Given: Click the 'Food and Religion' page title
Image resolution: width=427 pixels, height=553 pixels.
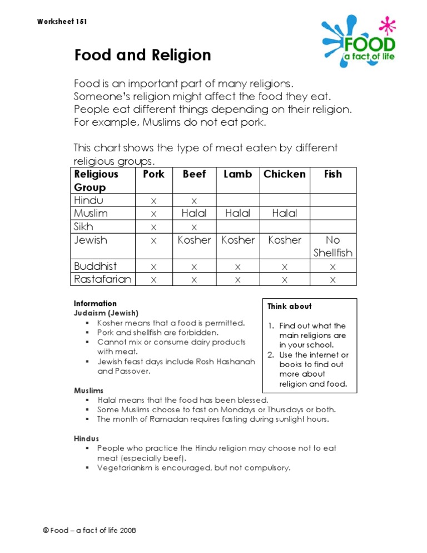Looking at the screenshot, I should tap(143, 56).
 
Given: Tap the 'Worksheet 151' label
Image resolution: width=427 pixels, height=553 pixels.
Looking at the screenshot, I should tap(62, 22).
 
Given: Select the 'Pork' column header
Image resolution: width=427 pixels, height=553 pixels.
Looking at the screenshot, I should tap(154, 174).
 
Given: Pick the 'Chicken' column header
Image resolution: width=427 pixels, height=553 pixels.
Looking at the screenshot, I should tap(284, 174).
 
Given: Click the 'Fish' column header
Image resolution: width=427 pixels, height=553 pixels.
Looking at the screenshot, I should tap(332, 174).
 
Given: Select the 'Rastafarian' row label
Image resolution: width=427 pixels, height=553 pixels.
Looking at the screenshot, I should tap(103, 279).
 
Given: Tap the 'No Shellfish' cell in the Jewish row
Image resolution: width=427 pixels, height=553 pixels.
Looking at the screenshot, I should tap(332, 246).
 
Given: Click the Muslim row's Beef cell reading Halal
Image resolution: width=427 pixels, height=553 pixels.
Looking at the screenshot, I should tap(194, 214).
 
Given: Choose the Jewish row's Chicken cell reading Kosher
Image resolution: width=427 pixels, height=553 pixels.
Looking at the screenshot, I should tap(284, 240).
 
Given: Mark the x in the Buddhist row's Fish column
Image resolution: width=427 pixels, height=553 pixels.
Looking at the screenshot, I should tap(332, 266).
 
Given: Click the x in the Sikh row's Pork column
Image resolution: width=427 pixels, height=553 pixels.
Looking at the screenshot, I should tap(154, 227).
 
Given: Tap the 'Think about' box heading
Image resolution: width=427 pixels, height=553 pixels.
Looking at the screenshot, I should tap(289, 307).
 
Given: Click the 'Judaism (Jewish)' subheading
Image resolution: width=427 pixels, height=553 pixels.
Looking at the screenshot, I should tap(106, 313).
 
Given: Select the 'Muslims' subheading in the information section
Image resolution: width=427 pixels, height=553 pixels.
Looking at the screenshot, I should tap(88, 391).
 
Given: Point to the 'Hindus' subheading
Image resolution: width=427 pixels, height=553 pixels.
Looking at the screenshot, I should tap(86, 439).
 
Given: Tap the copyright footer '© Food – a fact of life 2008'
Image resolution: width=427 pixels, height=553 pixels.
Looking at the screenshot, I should tap(90, 530).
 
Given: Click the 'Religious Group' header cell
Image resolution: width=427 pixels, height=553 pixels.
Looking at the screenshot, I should tap(97, 180).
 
